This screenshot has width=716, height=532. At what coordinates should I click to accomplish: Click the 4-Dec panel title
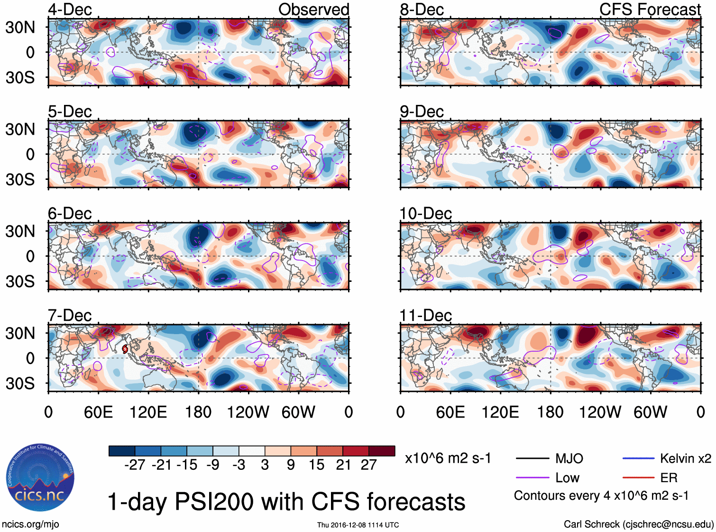[x=70, y=9]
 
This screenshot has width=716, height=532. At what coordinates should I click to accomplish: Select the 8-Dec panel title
[x=422, y=9]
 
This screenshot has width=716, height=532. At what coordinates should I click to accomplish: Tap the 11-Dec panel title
[x=425, y=316]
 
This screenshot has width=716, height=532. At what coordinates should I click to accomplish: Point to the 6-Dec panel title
[x=70, y=214]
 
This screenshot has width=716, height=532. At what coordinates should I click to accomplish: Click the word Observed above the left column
[x=313, y=9]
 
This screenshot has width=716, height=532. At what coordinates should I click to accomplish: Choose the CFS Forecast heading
[x=650, y=9]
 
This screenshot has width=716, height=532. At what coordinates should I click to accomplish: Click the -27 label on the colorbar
[x=135, y=465]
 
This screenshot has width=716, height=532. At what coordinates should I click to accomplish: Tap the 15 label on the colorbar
[x=316, y=465]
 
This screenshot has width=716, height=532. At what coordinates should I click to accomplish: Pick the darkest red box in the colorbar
[x=382, y=451]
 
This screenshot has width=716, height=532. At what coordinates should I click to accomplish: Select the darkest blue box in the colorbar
[x=122, y=451]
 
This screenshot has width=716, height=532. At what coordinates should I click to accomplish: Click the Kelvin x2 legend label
[x=685, y=458]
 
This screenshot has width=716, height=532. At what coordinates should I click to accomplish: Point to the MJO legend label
[x=569, y=458]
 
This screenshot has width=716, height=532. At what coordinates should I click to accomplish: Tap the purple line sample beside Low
[x=532, y=478]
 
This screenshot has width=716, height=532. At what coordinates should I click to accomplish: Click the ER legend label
[x=669, y=478]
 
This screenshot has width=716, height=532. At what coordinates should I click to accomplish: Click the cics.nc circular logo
[x=40, y=478]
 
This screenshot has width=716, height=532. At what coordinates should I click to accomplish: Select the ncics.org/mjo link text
[x=30, y=524]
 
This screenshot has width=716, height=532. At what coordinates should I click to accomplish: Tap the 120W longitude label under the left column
[x=248, y=412]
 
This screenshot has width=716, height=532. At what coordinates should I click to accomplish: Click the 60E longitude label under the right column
[x=450, y=412]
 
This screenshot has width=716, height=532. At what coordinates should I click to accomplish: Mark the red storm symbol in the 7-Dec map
[x=125, y=349]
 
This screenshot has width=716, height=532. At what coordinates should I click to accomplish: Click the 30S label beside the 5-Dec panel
[x=20, y=179]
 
